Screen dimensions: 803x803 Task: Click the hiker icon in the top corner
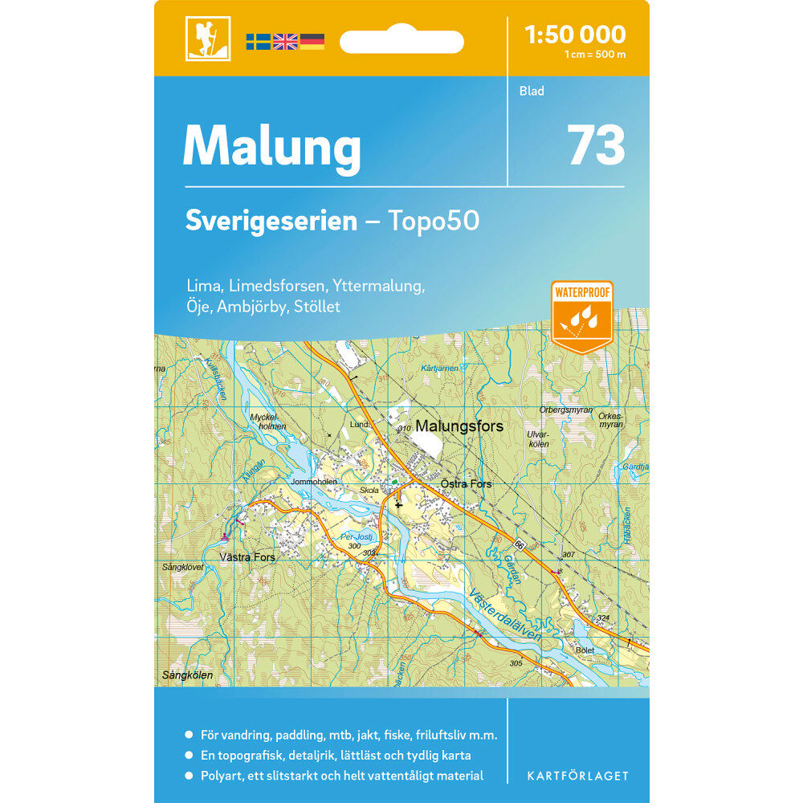coord(208,38)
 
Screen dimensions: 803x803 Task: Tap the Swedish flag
coord(258,42)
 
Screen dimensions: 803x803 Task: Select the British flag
coord(285,42)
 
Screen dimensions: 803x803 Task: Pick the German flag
coord(312,42)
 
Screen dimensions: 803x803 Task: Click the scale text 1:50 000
coord(574,35)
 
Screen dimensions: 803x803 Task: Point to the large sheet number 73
coord(596,145)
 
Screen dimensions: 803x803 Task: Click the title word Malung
coord(271,148)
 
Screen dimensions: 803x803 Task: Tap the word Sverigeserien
coord(271,221)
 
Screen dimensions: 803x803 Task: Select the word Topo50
coord(434,221)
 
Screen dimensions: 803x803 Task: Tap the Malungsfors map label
coord(459,427)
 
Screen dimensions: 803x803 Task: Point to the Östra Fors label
coord(466,484)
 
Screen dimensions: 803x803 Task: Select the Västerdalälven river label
coord(511,621)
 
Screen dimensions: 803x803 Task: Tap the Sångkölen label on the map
coord(186,675)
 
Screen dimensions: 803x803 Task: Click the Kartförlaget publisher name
coord(577,776)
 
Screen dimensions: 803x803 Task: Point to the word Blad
coord(532,92)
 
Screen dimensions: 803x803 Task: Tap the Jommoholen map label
coord(315,482)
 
